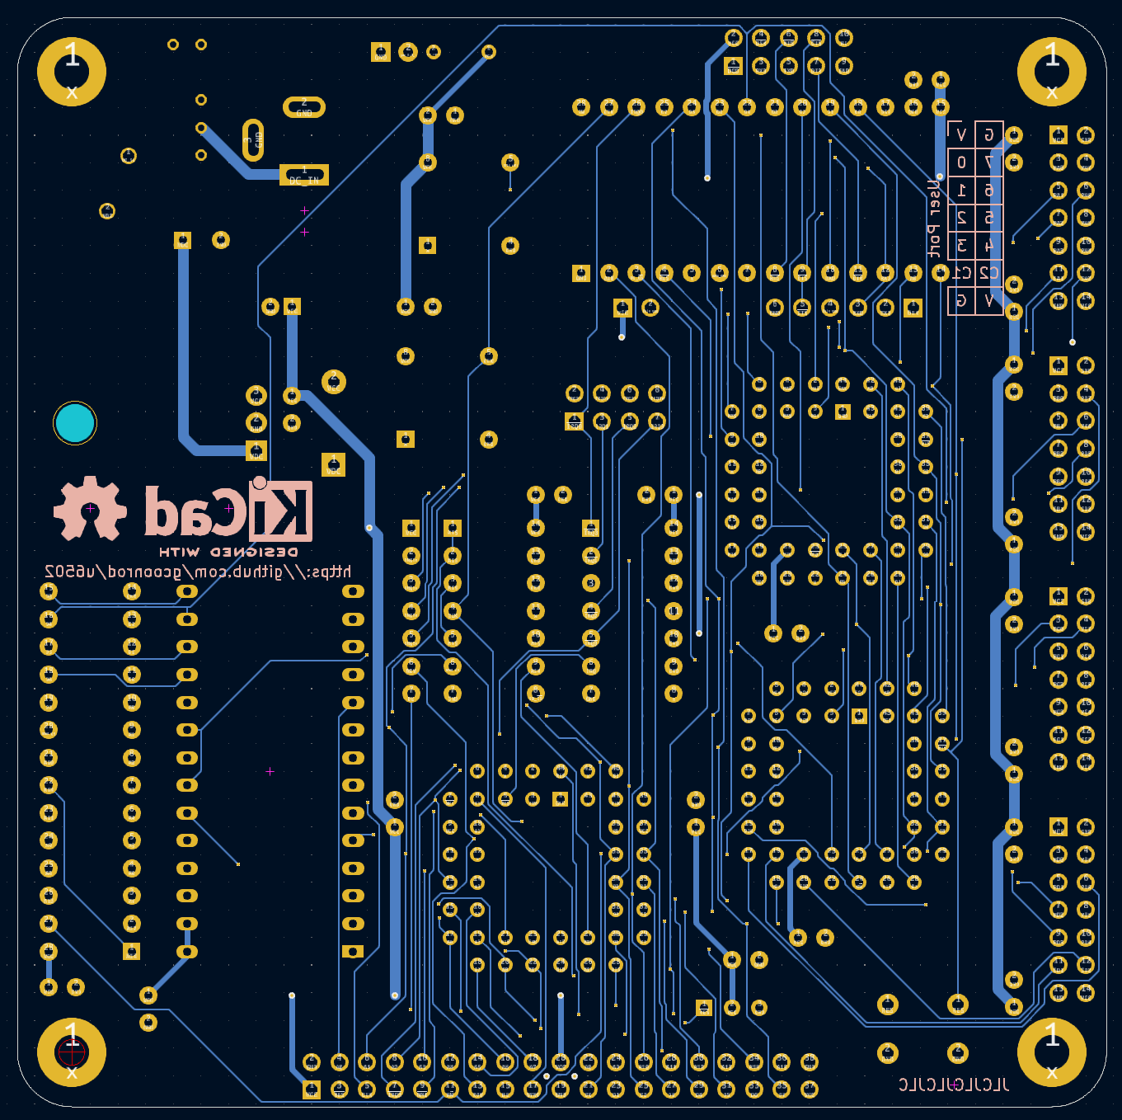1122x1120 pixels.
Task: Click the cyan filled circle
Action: [75, 423]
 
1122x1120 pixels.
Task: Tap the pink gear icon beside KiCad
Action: [90, 509]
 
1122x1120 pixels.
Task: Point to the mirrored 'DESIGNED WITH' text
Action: [228, 552]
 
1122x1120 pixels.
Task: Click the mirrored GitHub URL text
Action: [198, 572]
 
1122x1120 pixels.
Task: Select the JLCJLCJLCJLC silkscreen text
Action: [954, 1085]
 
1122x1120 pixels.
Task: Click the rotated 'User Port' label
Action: [934, 219]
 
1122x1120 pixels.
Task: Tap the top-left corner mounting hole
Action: [72, 72]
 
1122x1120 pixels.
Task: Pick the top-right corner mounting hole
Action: [1051, 72]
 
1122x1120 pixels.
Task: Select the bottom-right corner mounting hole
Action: [1051, 1052]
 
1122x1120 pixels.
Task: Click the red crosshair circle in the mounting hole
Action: [72, 1052]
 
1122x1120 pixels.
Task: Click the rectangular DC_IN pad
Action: [304, 176]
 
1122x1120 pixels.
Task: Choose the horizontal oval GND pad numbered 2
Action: [304, 107]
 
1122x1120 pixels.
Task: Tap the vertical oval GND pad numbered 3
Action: [253, 140]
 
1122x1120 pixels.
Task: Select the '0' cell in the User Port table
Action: [961, 162]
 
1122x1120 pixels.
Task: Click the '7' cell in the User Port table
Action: [989, 162]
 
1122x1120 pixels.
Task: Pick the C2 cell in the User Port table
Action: [989, 273]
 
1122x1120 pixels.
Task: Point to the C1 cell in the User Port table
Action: [961, 273]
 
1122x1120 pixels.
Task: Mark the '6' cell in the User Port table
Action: [989, 191]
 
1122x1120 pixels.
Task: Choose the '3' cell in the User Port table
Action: [961, 246]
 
